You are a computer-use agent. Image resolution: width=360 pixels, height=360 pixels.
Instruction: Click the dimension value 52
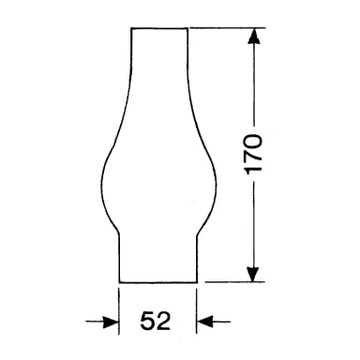coord(157,322)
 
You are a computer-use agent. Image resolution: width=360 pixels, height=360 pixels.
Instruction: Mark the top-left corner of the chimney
coord(131,28)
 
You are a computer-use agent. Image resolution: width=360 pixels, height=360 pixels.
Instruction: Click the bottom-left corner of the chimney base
coord(118,280)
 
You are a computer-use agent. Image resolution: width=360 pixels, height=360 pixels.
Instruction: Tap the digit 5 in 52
coord(148,322)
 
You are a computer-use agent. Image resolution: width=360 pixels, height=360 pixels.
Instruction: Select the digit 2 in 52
coord(165,322)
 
